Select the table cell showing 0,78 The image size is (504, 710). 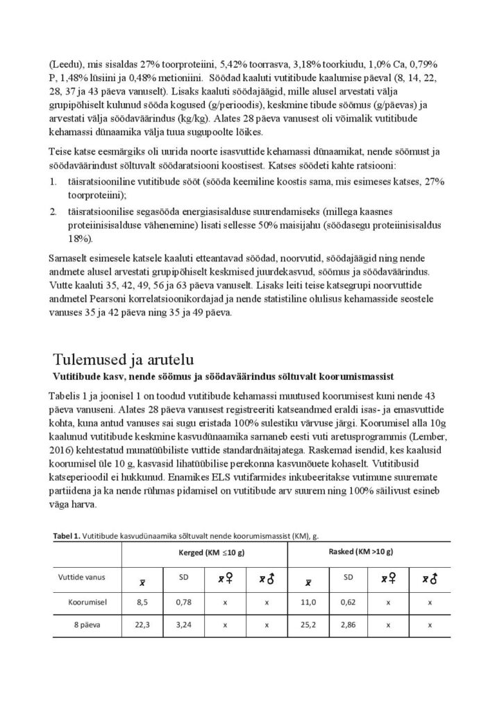click(x=183, y=603)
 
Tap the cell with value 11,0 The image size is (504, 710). click(x=307, y=603)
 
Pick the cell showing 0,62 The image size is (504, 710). click(x=348, y=603)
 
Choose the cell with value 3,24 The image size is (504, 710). click(x=183, y=624)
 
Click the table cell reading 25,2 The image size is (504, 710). click(x=307, y=624)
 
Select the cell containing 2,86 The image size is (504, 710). click(x=348, y=624)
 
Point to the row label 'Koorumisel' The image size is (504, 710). click(x=86, y=603)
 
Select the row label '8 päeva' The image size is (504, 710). click(x=86, y=624)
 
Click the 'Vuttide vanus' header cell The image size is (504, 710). click(x=86, y=578)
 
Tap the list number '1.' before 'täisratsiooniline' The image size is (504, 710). click(x=53, y=182)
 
